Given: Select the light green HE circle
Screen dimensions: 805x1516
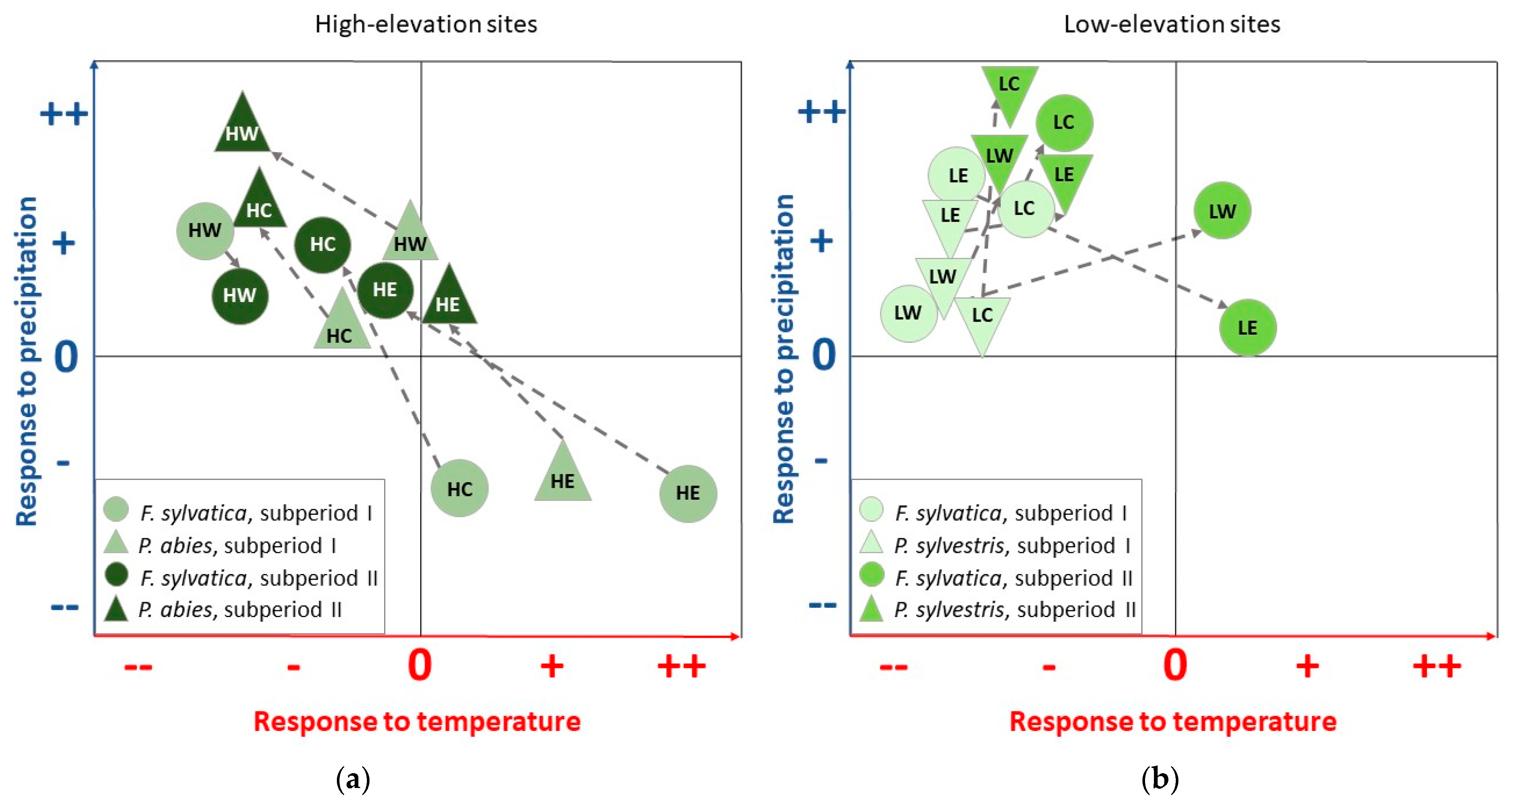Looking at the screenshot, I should coord(687,493).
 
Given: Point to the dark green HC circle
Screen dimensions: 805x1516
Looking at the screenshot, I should coord(322,244).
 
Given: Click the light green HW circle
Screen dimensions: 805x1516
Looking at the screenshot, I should coord(205,231).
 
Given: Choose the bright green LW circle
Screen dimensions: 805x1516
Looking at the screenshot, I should coord(1222,211).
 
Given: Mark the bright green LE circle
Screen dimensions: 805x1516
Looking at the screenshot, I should coord(1247,327).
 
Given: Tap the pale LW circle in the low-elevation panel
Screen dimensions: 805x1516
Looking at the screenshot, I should coord(908,313).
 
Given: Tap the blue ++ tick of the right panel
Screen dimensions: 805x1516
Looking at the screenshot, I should coord(821,111).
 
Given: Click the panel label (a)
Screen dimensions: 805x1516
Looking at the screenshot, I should coord(352,780).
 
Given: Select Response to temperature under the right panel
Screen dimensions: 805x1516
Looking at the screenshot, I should coord(1172,721).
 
